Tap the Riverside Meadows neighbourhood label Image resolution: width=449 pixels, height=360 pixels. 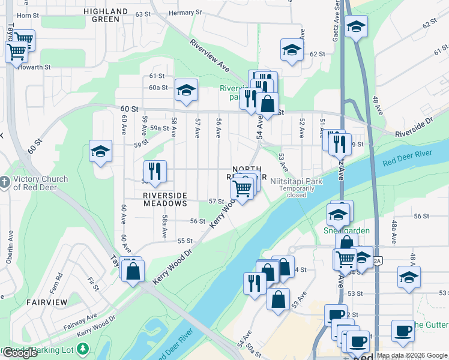tap(165, 199)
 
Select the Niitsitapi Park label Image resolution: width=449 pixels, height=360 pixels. tap(297, 181)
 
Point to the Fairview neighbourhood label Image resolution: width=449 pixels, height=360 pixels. tap(45, 303)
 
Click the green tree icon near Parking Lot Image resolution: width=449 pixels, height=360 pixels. tap(83, 349)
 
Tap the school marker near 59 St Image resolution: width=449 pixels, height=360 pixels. tap(100, 151)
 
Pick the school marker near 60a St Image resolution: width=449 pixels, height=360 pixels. tap(186, 90)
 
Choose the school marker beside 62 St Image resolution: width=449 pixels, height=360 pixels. tap(291, 50)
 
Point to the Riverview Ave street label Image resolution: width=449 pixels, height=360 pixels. tap(209, 56)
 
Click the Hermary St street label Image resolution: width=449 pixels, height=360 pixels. tap(185, 13)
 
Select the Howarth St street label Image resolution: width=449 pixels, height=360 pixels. tap(34, 67)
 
